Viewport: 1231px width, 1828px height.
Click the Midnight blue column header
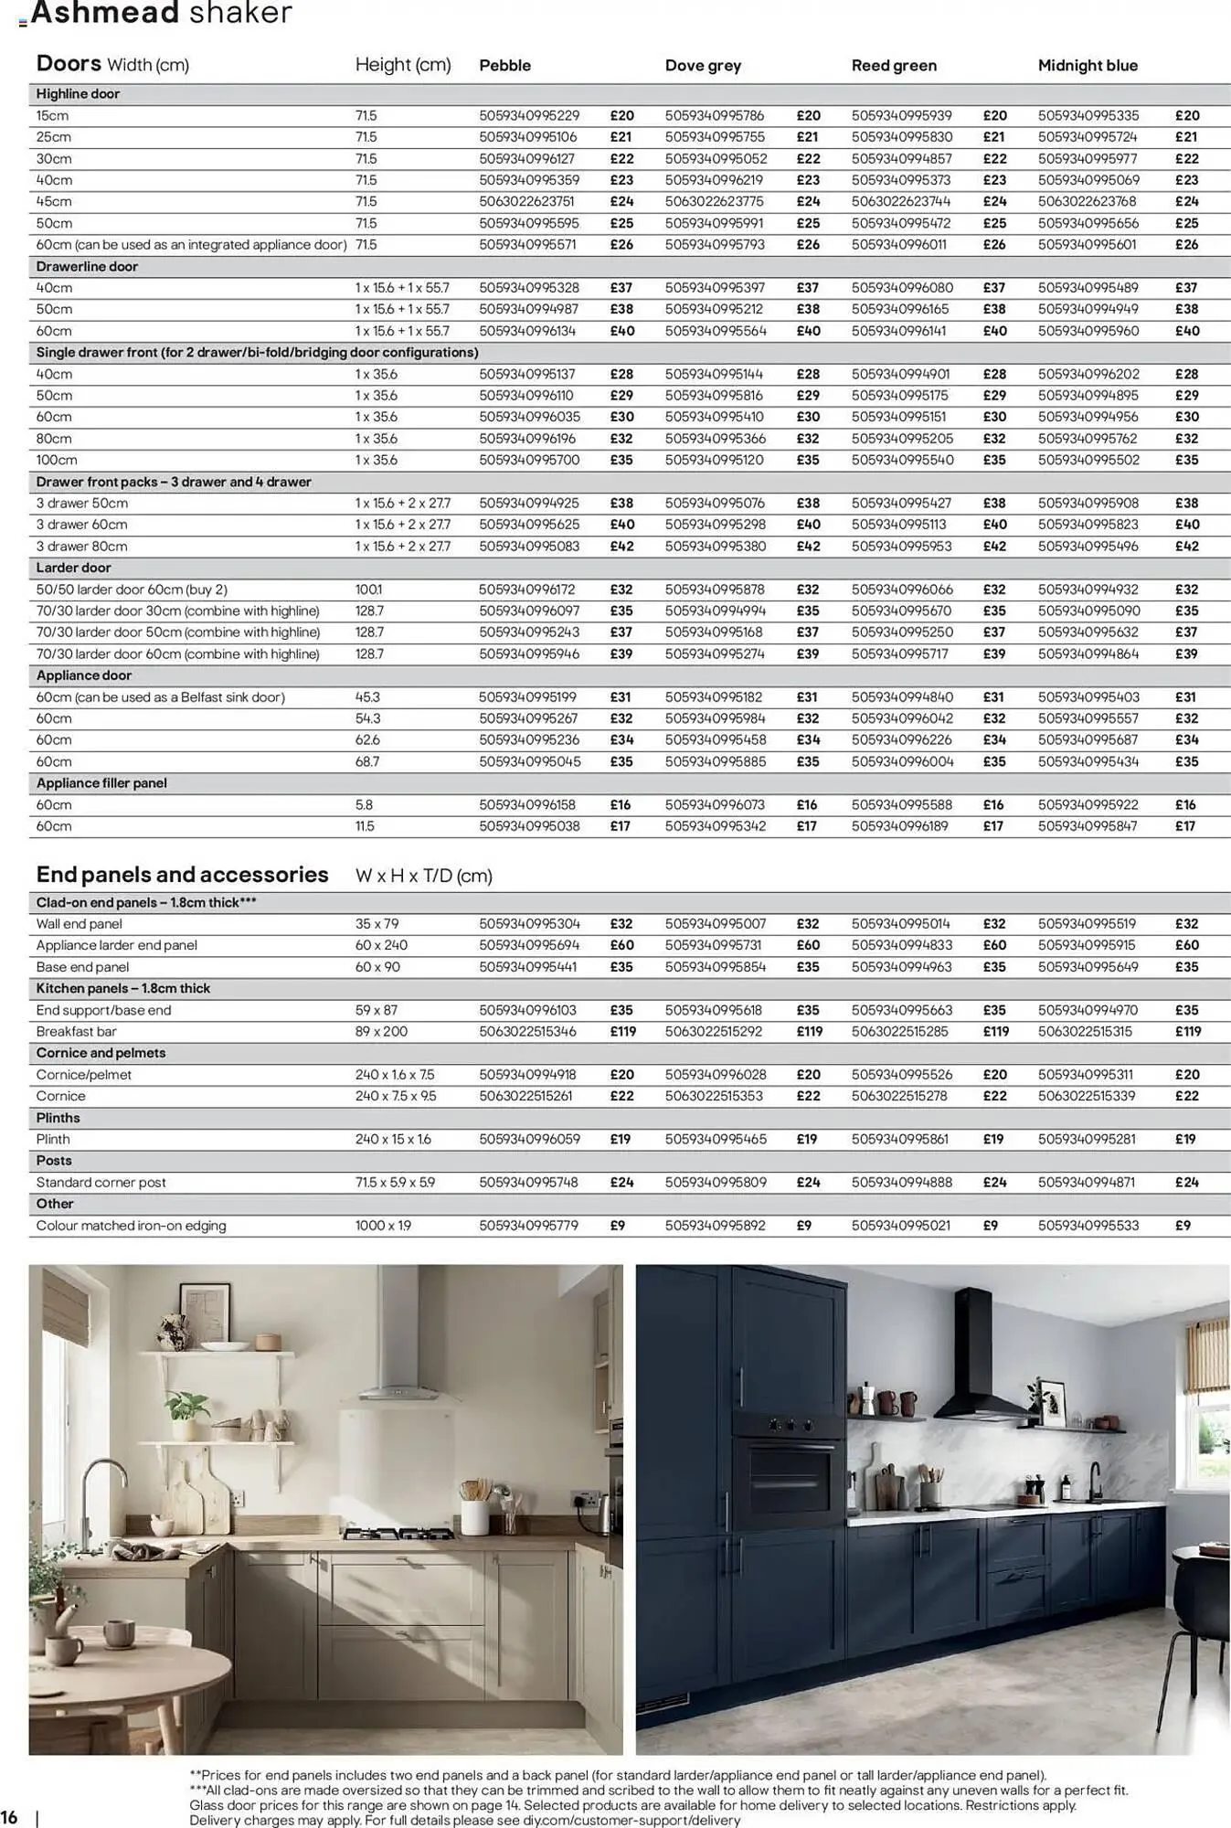(x=1088, y=65)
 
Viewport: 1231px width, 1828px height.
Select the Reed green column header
(x=894, y=65)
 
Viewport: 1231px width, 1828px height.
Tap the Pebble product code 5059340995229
(x=529, y=116)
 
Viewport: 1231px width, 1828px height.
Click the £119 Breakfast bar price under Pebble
(x=622, y=1031)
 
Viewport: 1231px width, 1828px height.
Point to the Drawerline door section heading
(x=87, y=266)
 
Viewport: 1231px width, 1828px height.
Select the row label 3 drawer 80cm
(x=81, y=547)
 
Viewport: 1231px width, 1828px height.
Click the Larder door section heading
(x=73, y=568)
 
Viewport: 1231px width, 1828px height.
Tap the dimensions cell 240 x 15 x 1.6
(x=392, y=1139)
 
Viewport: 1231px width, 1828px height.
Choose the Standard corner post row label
(x=101, y=1182)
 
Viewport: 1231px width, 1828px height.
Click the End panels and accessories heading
(x=182, y=875)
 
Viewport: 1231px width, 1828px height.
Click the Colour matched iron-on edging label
(x=131, y=1226)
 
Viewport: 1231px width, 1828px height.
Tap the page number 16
(x=9, y=1816)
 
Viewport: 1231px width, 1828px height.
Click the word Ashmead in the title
(x=104, y=14)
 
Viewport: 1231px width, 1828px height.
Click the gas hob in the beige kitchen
(x=398, y=1533)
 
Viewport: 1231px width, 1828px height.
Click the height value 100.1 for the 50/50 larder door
(x=368, y=590)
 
